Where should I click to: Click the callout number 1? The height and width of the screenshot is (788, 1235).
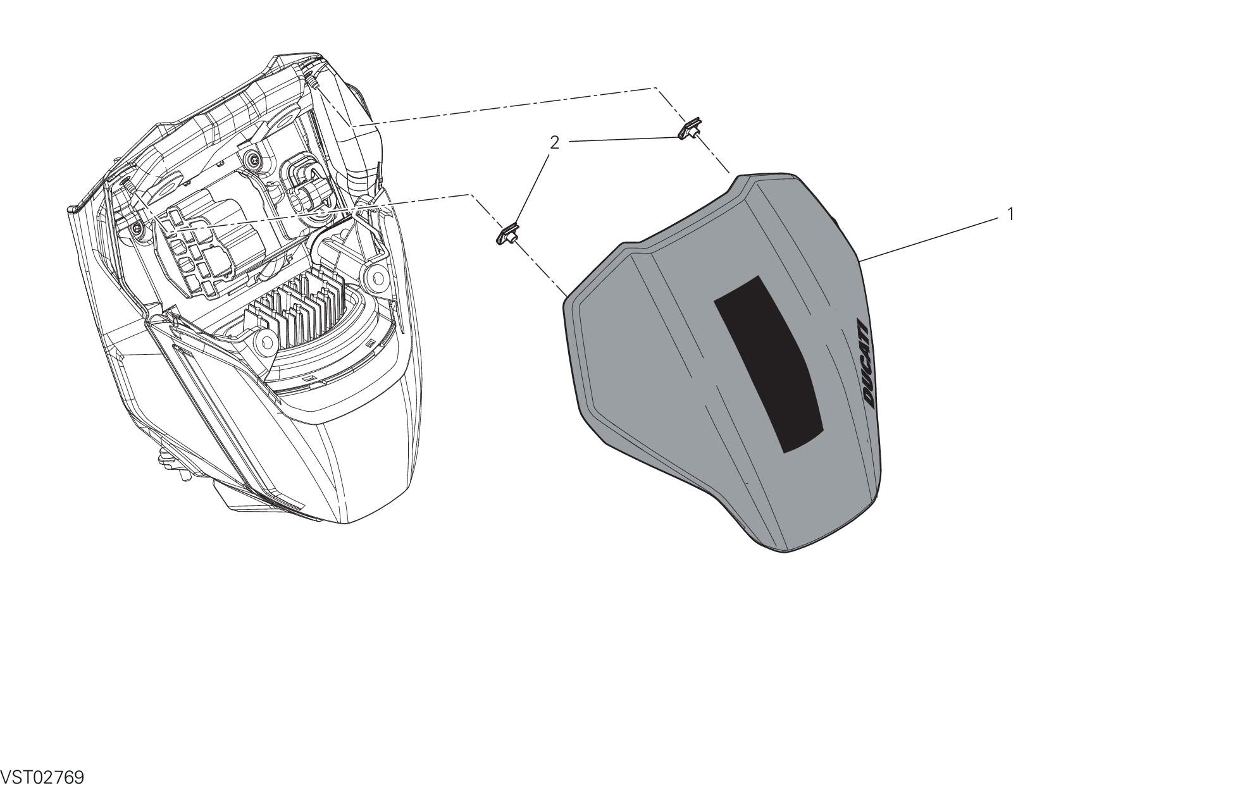pos(1010,214)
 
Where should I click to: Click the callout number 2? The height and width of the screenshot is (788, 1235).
pos(554,143)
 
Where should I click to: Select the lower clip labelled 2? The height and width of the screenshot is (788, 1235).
pos(507,235)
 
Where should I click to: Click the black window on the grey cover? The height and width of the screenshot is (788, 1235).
pos(769,364)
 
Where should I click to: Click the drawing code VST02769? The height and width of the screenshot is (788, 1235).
pos(42,777)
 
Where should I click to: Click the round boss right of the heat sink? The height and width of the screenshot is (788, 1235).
pos(377,275)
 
